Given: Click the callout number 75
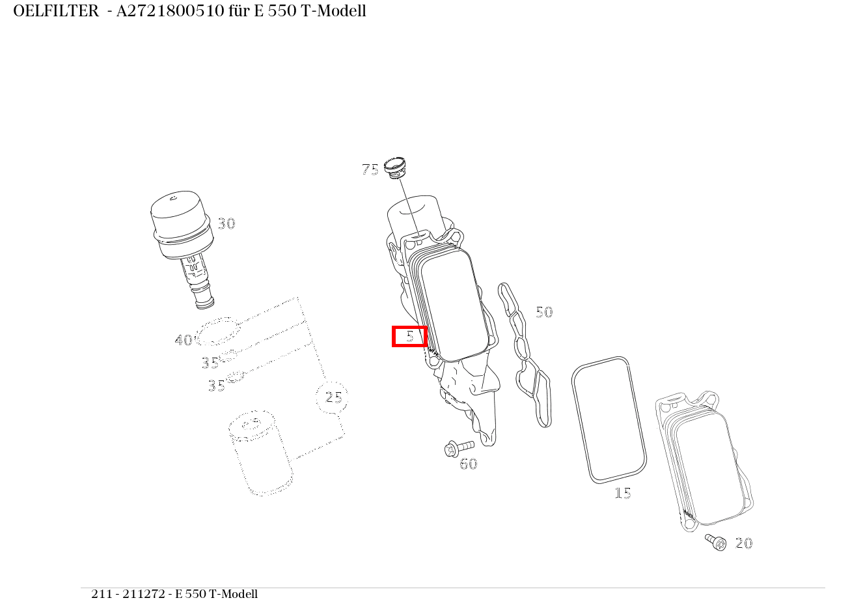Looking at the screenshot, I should coord(370,170).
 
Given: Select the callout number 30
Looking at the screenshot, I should coord(226,224).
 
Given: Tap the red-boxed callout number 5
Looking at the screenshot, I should coord(409,336).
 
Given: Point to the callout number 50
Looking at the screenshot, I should coord(543,313).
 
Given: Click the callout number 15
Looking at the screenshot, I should coord(622,494).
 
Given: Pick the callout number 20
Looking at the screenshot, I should coord(743,543).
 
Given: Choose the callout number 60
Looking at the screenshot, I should coord(468,464).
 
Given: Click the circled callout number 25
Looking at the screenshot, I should coord(333,397).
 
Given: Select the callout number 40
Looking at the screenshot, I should coord(183,340).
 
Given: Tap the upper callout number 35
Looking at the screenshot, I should coord(210,363).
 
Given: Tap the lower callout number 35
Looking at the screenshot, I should coord(216,386).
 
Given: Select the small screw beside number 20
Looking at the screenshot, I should coord(715,542).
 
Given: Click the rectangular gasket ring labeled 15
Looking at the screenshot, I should coord(609,420).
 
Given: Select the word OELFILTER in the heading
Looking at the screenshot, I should coord(55,11).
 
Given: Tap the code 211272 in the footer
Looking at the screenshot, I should coord(147,594).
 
